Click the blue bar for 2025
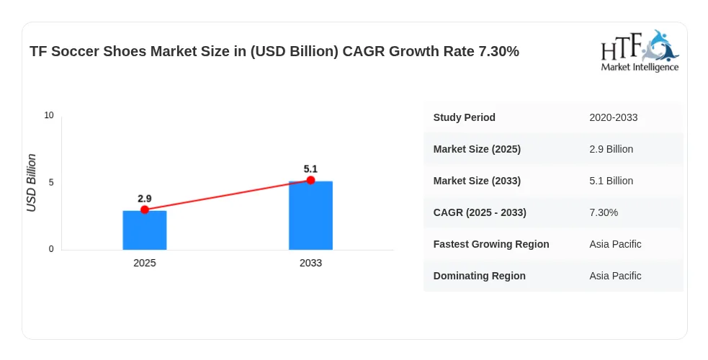pos(145,230)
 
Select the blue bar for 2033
pos(310,215)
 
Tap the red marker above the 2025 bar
pos(145,210)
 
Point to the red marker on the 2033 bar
pos(310,181)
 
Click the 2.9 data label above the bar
pos(145,199)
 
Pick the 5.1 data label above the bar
pos(310,169)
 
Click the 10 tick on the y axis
pos(49,115)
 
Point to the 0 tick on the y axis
pos(51,249)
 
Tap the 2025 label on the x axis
pos(145,263)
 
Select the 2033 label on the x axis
pos(310,263)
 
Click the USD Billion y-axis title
pos(31,183)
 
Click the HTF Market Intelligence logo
pos(640,50)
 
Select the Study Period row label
pos(464,117)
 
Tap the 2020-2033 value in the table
pos(613,117)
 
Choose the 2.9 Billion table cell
pos(611,149)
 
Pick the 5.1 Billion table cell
pos(611,181)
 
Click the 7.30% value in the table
pos(604,212)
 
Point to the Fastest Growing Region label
pos(491,244)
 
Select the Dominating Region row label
pos(480,276)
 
